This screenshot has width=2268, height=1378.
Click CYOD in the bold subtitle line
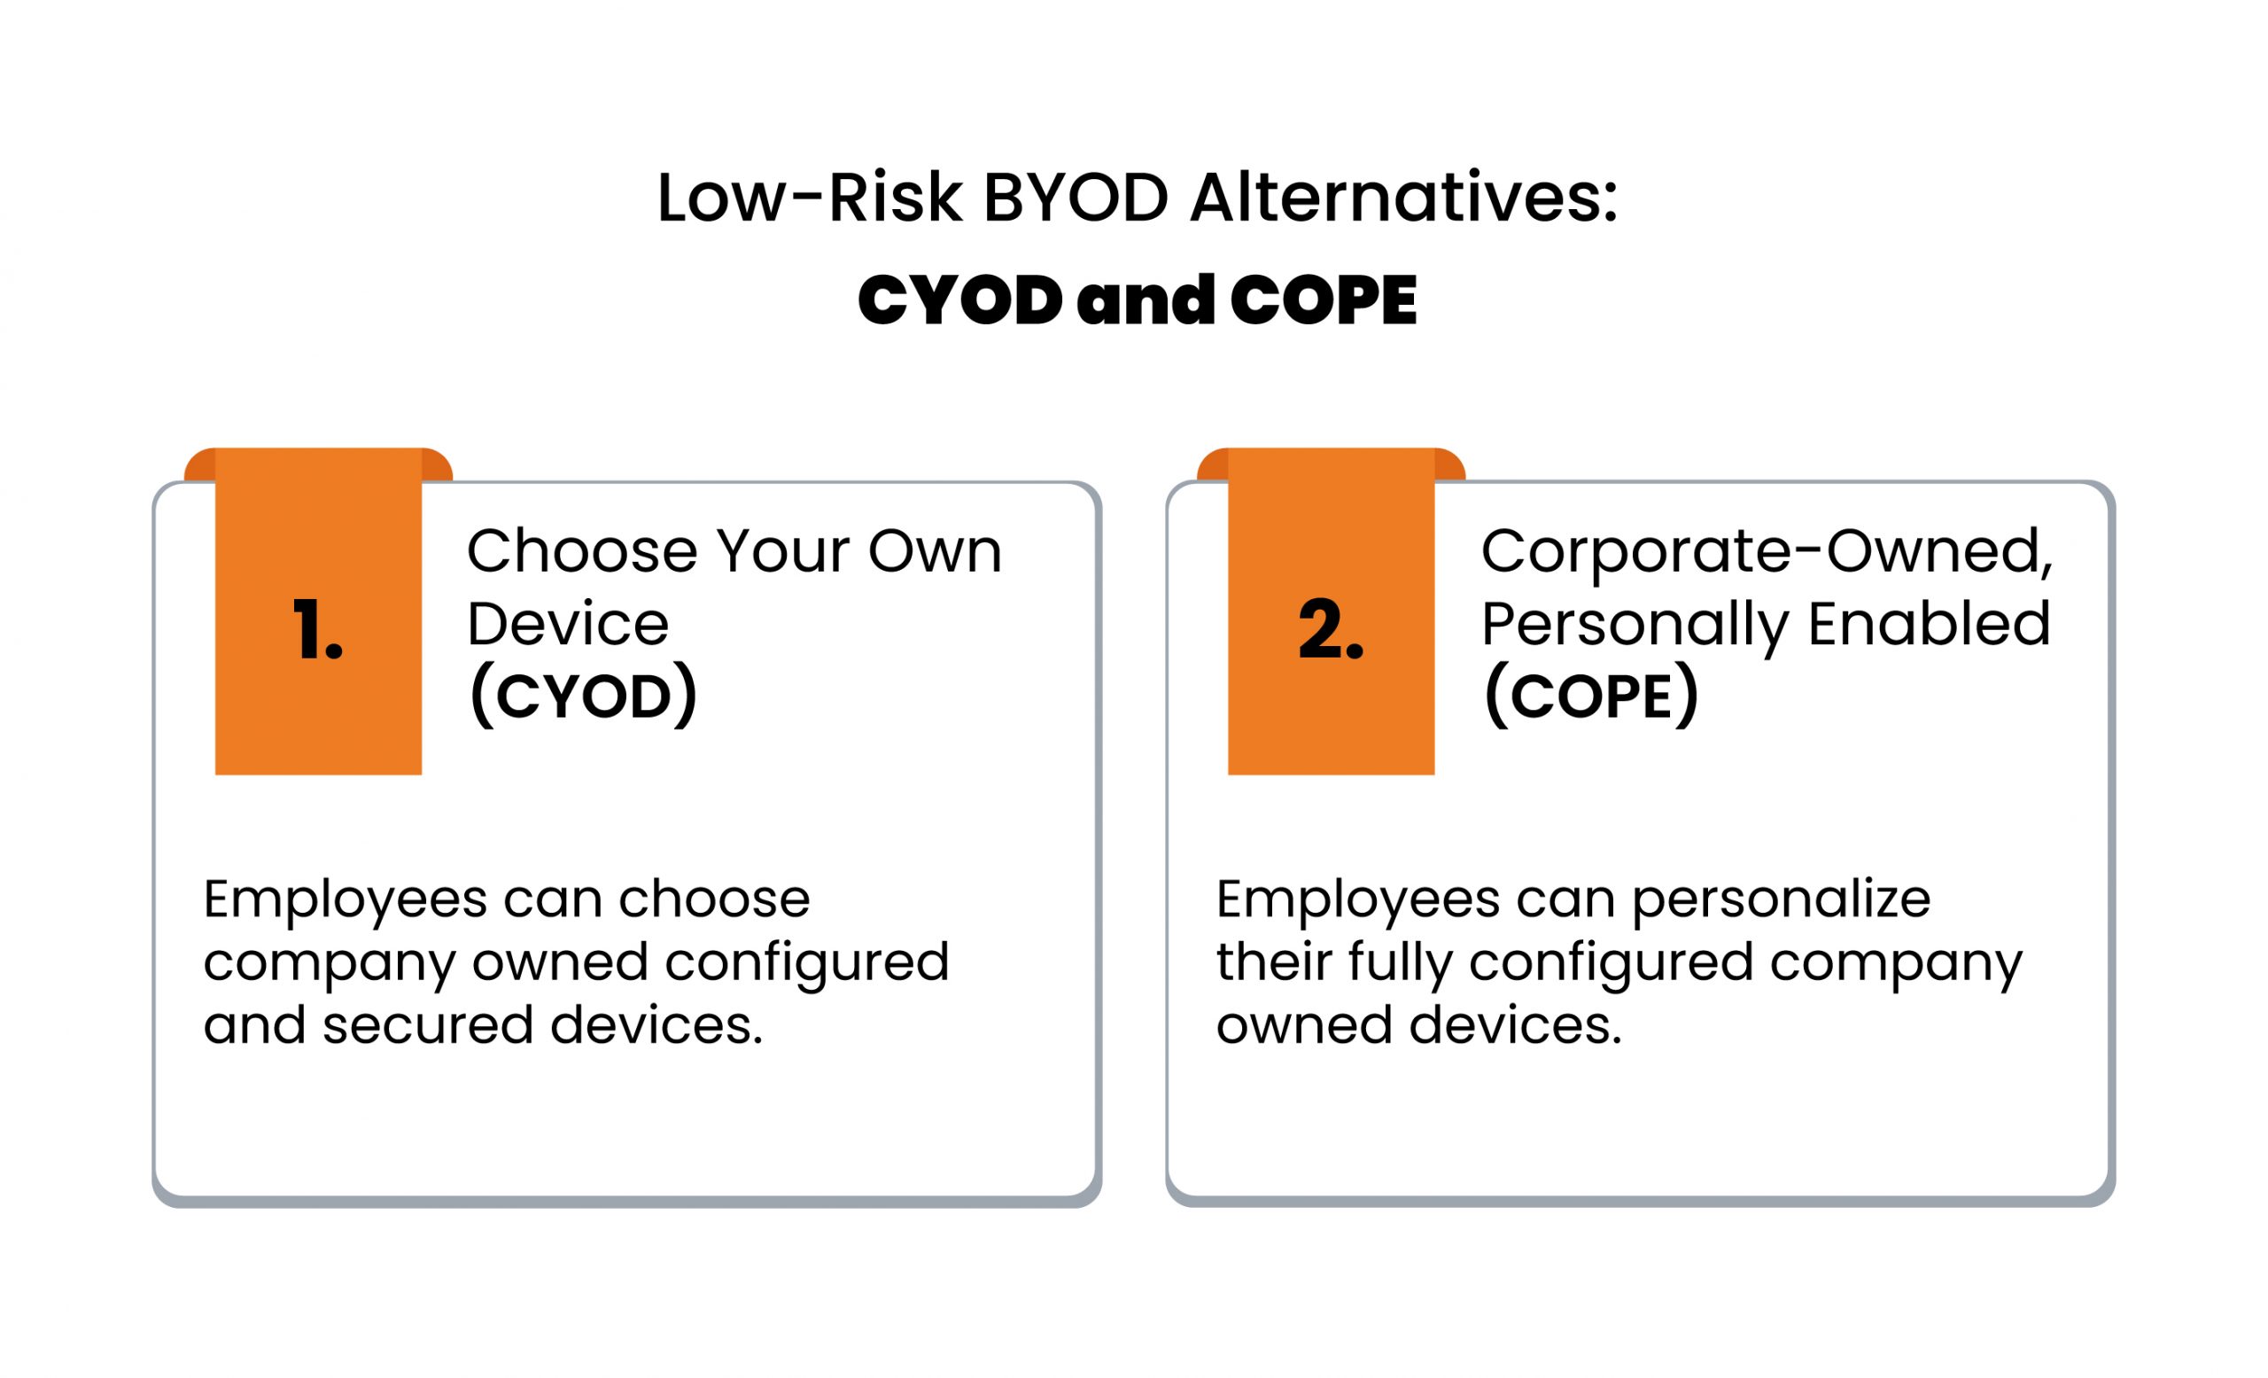[x=960, y=300]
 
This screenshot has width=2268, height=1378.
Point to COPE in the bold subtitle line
[x=1324, y=300]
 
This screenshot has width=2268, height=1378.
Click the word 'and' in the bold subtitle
[x=1146, y=300]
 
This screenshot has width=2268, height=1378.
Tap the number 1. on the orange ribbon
[x=317, y=630]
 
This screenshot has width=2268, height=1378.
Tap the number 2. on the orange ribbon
[x=1331, y=630]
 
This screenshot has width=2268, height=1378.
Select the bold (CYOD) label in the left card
[x=584, y=696]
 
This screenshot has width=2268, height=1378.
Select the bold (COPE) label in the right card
[x=1591, y=696]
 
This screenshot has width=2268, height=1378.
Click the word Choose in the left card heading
[x=582, y=551]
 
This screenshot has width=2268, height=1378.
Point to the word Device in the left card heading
[x=568, y=623]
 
